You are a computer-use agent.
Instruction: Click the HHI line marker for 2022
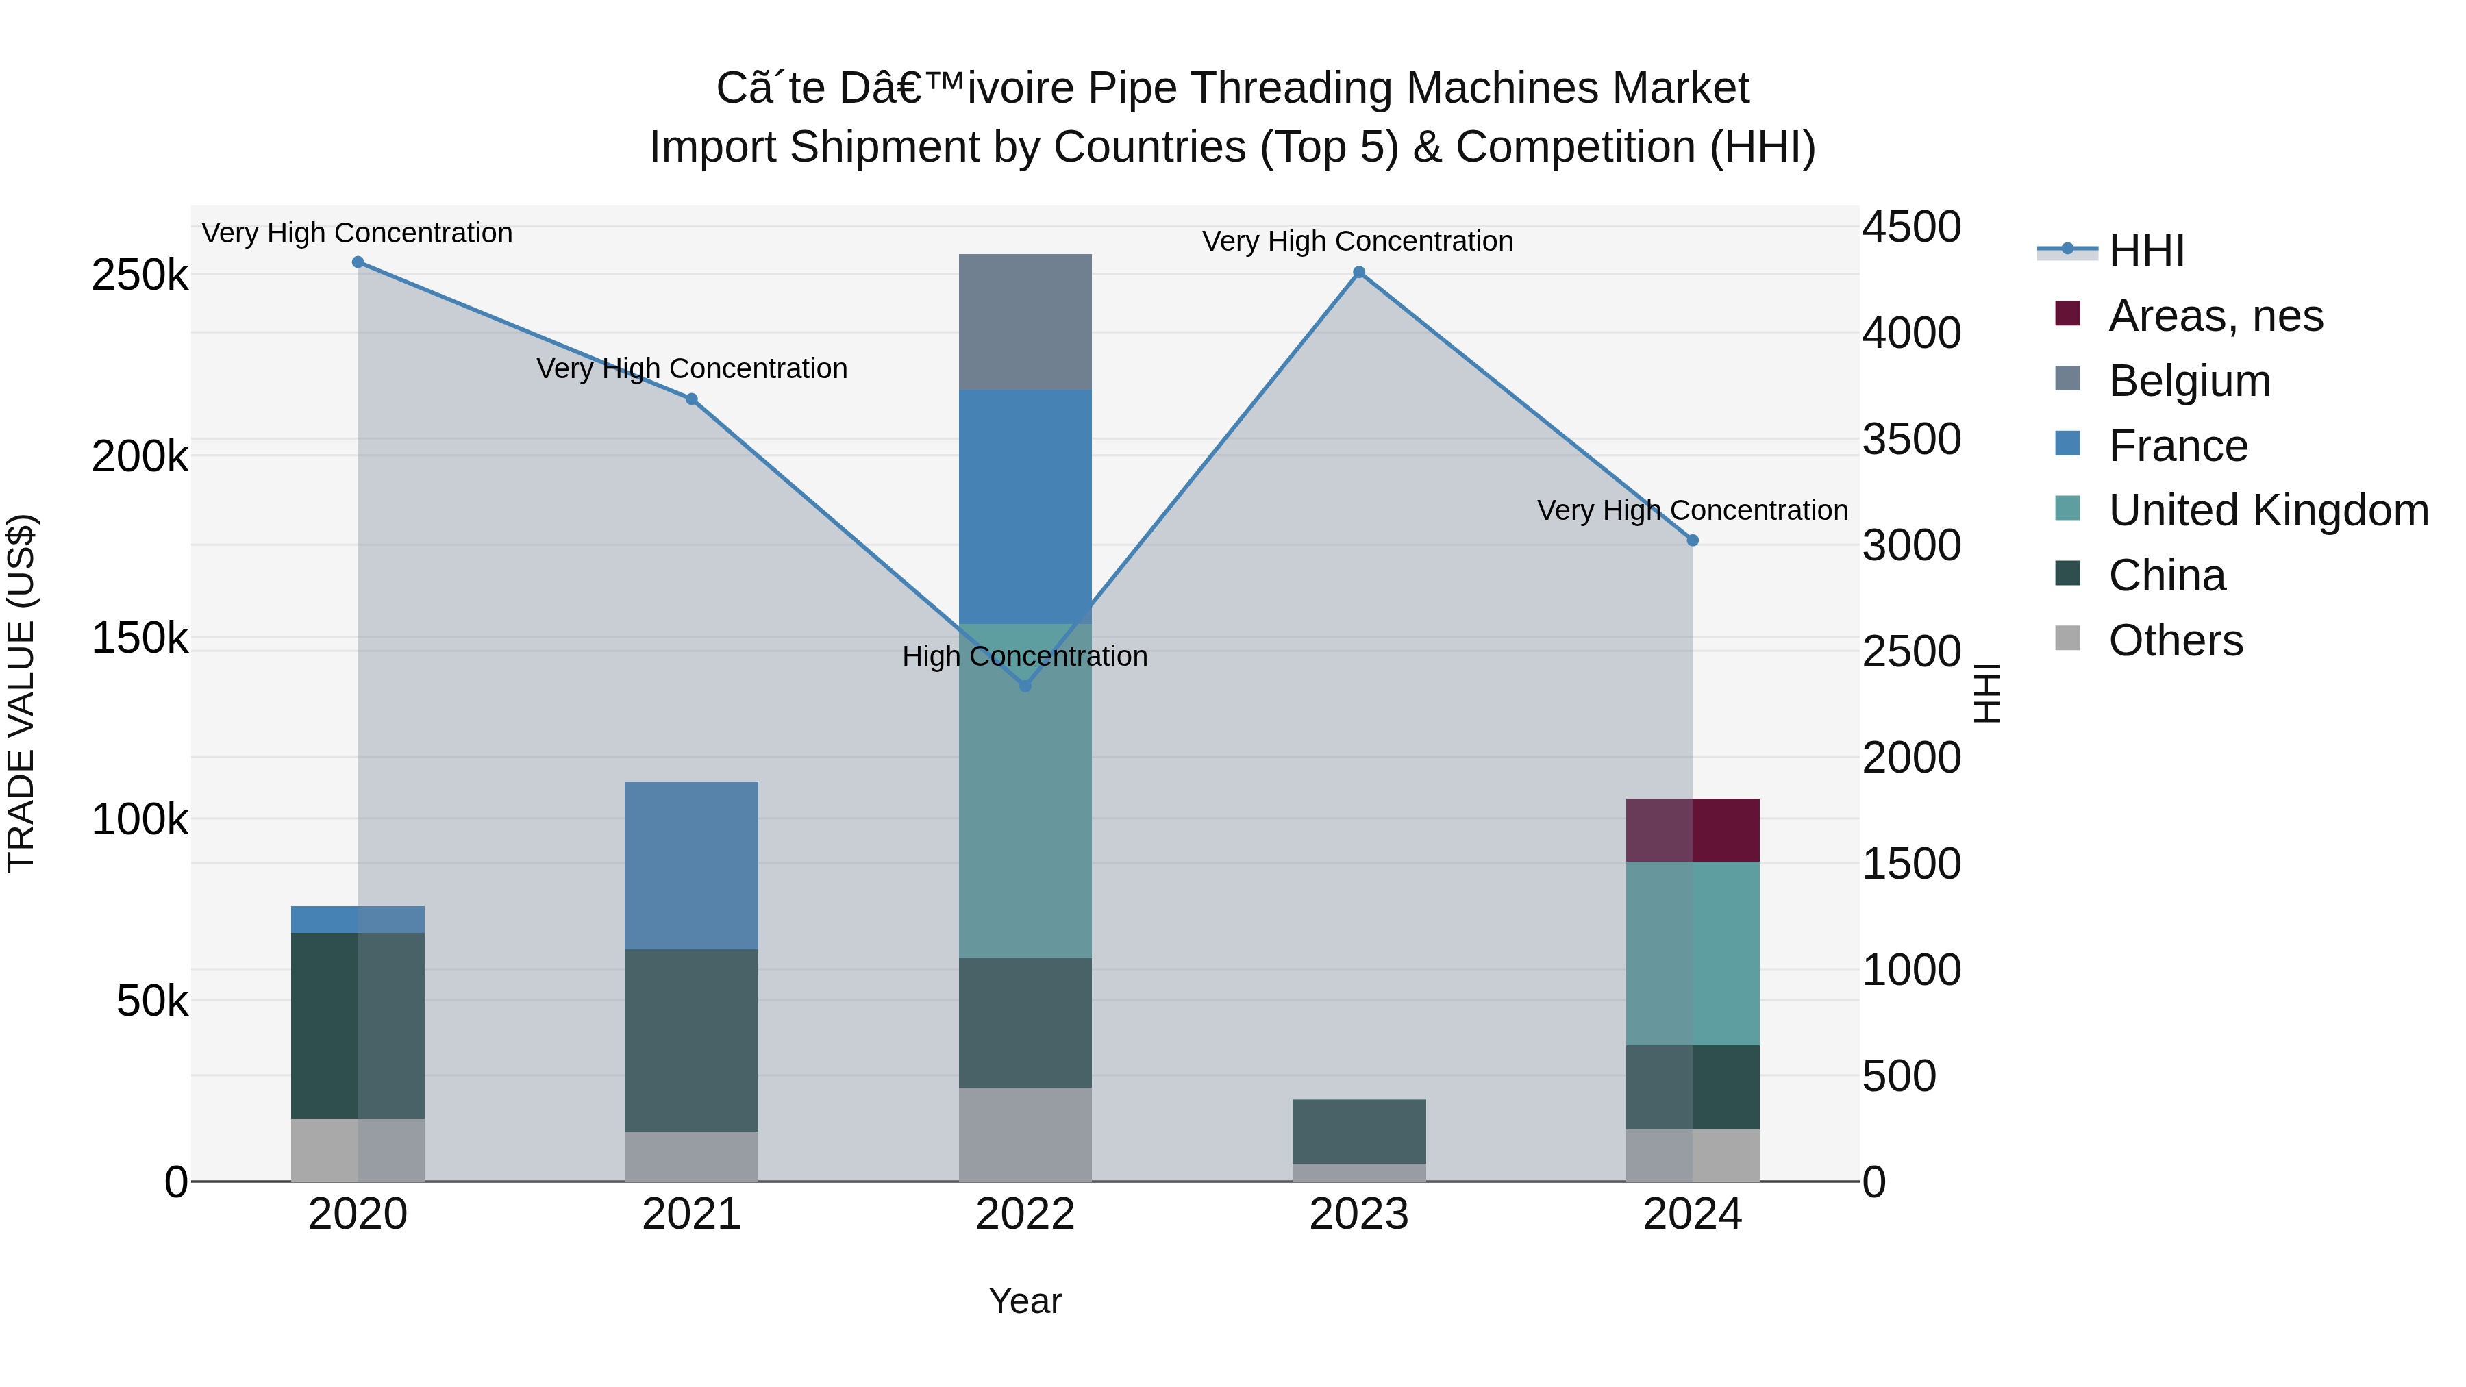[1025, 686]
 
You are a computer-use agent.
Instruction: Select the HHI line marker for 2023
[1358, 273]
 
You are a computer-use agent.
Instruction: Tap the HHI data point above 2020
[358, 262]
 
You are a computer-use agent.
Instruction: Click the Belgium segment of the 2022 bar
[1025, 322]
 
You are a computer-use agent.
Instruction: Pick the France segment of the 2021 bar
[691, 864]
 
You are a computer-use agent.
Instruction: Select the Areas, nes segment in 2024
[1693, 830]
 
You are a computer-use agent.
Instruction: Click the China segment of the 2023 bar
[1358, 1132]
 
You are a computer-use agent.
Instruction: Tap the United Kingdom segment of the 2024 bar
[1693, 953]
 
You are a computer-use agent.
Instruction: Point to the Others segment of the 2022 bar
[1025, 1134]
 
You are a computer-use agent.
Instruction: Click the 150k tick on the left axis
[140, 638]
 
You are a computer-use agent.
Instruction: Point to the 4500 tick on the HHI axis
[1910, 228]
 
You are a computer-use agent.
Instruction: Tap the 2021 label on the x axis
[691, 1214]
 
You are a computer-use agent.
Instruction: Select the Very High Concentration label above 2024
[1693, 510]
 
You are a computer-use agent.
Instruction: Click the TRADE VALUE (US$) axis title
[22, 693]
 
